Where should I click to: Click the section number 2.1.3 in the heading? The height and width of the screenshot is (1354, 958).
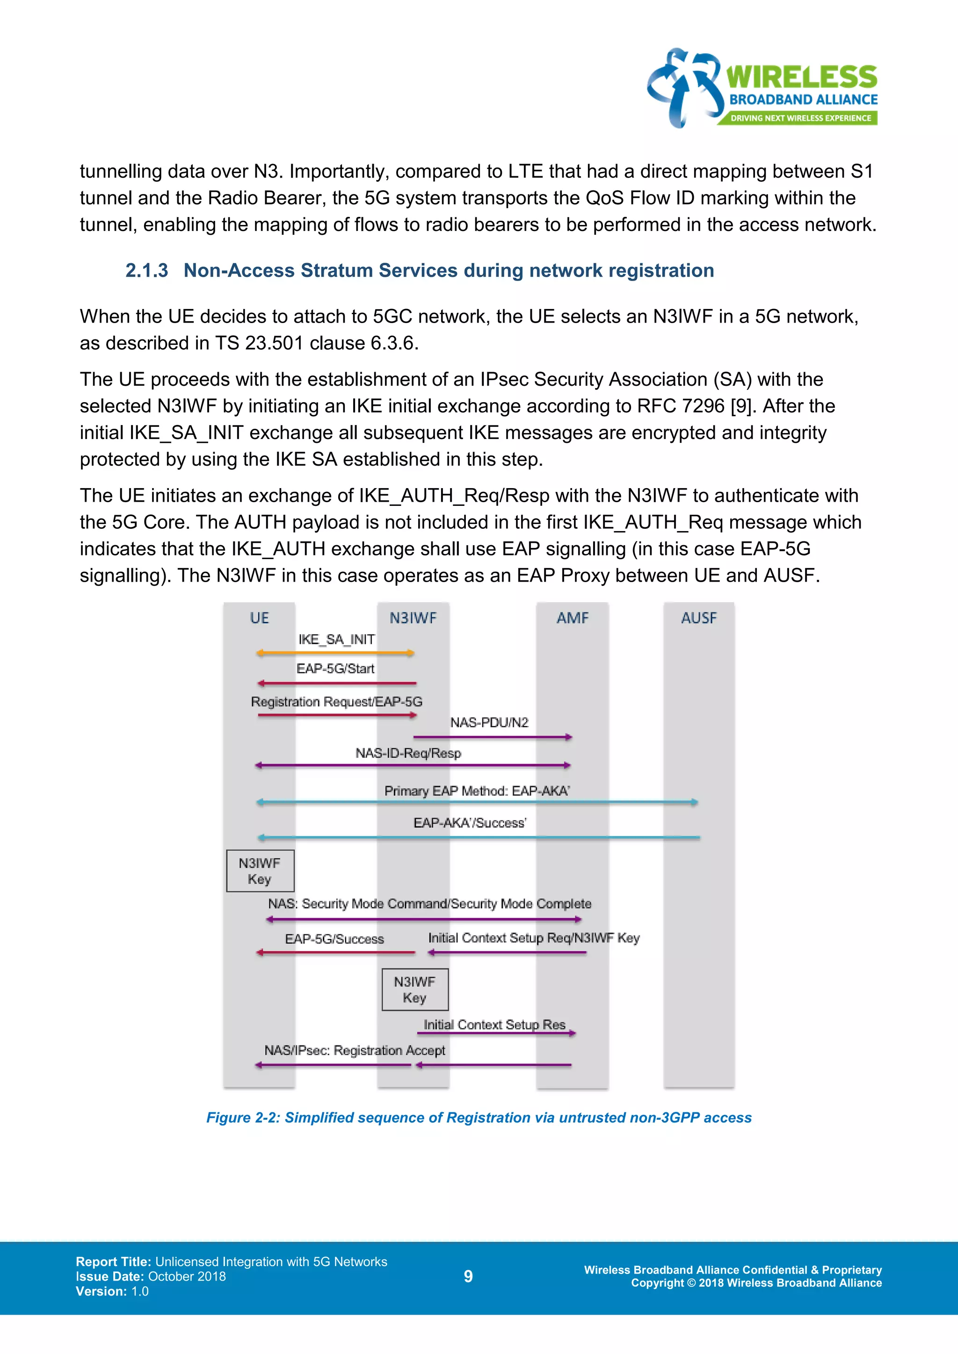(x=146, y=271)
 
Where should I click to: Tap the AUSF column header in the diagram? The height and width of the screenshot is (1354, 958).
(x=698, y=618)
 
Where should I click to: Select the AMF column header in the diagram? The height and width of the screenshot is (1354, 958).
(x=572, y=618)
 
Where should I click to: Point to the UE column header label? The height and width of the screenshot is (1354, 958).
(x=259, y=618)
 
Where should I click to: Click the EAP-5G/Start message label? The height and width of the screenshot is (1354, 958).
(x=335, y=669)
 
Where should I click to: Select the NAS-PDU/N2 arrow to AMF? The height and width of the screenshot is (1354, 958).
(x=493, y=737)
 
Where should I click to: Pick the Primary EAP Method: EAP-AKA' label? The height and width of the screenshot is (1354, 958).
(x=477, y=791)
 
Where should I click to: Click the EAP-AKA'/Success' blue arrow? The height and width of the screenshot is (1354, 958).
(x=478, y=837)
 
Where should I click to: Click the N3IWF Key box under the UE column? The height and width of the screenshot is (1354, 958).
(x=260, y=871)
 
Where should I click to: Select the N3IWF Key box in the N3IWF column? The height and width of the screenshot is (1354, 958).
(x=415, y=990)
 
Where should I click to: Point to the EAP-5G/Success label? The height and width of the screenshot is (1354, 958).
(x=334, y=939)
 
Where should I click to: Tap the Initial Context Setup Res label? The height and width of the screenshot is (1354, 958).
(x=494, y=1025)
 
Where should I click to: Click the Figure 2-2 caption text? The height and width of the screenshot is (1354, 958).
(x=479, y=1117)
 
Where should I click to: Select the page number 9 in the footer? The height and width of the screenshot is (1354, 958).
(x=468, y=1276)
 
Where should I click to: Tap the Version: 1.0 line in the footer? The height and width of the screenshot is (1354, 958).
(x=112, y=1291)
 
